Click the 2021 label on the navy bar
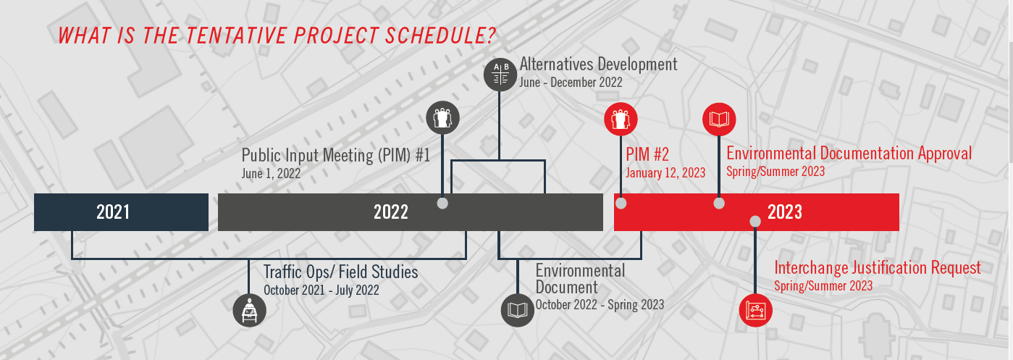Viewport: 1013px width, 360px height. tap(113, 212)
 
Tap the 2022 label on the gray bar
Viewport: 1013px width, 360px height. tap(391, 212)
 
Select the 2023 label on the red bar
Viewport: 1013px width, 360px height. tap(785, 212)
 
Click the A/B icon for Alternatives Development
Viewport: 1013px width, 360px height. tap(500, 74)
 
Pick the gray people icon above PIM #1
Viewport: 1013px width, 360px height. tap(442, 117)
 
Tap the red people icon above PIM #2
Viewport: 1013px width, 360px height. tap(621, 119)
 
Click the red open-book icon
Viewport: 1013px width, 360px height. tap(719, 120)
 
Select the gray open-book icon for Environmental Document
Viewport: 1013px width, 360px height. tap(517, 310)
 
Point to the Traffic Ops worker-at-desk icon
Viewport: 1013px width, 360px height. tap(250, 310)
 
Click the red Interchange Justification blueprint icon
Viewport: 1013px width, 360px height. tap(756, 310)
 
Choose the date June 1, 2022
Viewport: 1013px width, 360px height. tap(271, 174)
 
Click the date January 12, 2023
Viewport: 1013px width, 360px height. tap(665, 173)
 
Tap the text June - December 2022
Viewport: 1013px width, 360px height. tap(571, 83)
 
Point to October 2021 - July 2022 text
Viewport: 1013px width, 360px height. tap(321, 290)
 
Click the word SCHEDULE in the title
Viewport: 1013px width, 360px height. tap(441, 35)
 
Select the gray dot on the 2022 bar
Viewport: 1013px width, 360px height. tap(442, 203)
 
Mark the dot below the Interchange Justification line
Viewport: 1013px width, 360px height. tap(755, 221)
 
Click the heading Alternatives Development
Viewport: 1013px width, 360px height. tap(598, 64)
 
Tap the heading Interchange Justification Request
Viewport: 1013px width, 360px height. tap(878, 268)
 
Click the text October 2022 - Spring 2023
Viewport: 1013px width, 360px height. tap(600, 305)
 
